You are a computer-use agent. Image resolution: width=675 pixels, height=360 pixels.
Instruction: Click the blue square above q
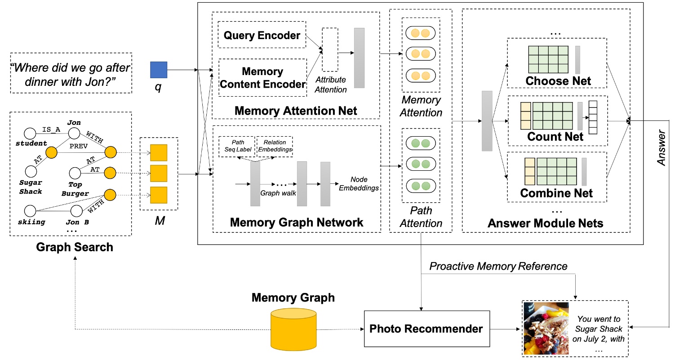(x=159, y=70)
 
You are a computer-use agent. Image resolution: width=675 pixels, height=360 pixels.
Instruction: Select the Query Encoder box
(x=262, y=35)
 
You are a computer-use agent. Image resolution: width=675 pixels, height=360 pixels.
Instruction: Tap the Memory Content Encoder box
(x=262, y=77)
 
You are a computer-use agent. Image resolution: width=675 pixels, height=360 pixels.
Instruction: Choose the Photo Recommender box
(x=426, y=329)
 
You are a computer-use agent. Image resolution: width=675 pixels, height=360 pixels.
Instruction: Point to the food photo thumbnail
(x=547, y=329)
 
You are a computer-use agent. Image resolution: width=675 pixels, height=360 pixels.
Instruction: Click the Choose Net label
(x=558, y=81)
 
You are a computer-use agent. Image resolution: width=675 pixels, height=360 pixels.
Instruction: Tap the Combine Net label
(x=556, y=193)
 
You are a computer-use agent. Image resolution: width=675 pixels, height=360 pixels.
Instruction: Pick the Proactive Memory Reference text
(x=498, y=266)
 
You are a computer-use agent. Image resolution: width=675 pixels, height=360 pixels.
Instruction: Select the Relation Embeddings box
(x=274, y=146)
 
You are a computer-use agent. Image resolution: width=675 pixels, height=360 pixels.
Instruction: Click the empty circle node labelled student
(x=30, y=133)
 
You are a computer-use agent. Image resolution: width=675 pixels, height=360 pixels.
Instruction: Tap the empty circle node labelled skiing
(x=30, y=210)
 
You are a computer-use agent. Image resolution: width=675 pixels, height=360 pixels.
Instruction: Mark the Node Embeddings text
(x=359, y=183)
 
